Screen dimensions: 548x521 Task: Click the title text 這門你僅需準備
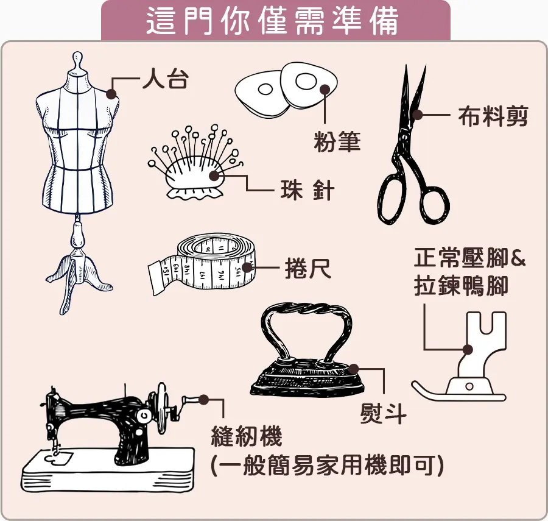pyautogui.click(x=272, y=20)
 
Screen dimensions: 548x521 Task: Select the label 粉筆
pyautogui.click(x=337, y=141)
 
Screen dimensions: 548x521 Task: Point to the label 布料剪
pyautogui.click(x=493, y=116)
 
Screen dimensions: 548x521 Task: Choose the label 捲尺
pyautogui.click(x=308, y=268)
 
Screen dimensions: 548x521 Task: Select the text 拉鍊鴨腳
pyautogui.click(x=461, y=286)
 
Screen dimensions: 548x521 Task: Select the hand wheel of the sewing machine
pyautogui.click(x=161, y=408)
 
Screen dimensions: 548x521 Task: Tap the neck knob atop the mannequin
pyautogui.click(x=77, y=62)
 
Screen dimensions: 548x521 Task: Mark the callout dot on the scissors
pyautogui.click(x=417, y=115)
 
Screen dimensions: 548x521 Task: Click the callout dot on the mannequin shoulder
pyautogui.click(x=111, y=94)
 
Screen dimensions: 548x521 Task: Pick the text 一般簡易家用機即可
pyautogui.click(x=327, y=466)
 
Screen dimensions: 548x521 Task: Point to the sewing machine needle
pyautogui.click(x=55, y=445)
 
